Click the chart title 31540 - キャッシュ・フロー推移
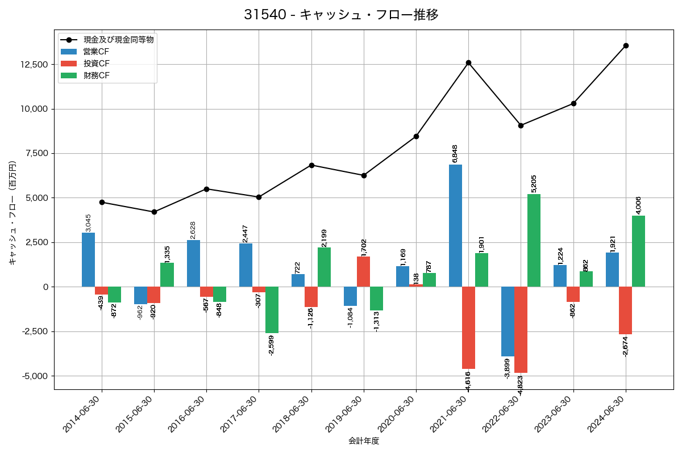[x=341, y=15]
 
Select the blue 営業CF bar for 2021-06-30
[x=455, y=226]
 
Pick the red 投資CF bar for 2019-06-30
[x=364, y=272]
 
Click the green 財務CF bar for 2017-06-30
[x=272, y=310]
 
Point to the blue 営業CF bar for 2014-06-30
[x=88, y=260]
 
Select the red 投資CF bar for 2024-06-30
[x=625, y=310]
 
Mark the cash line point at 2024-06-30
[x=626, y=45]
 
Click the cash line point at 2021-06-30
[x=468, y=62]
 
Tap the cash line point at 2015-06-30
[x=154, y=212]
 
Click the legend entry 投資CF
[x=96, y=64]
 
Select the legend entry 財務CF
[x=96, y=75]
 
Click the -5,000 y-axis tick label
[x=35, y=376]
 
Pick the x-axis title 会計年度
[x=364, y=441]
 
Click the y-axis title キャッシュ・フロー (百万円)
[x=13, y=213]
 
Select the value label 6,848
[x=455, y=154]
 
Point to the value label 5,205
[x=534, y=183]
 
